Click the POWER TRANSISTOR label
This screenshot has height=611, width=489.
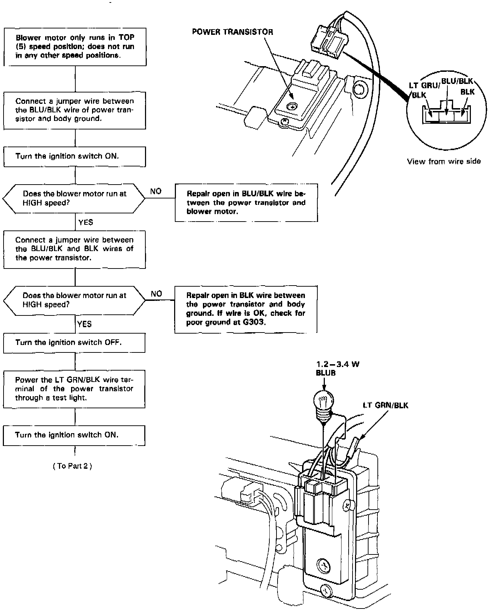click(232, 32)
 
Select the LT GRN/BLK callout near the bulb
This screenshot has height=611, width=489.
click(386, 405)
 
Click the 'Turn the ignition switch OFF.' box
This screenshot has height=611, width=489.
click(74, 343)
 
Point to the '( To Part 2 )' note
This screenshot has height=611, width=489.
click(72, 466)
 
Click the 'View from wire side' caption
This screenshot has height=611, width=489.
click(444, 161)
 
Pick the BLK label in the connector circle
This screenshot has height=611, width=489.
click(467, 92)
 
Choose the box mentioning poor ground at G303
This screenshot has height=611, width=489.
click(246, 309)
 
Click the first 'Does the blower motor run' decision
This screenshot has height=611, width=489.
click(74, 198)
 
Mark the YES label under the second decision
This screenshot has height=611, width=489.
click(85, 324)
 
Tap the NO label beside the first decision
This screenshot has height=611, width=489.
click(156, 191)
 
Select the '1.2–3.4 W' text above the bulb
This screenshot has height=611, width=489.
click(335, 364)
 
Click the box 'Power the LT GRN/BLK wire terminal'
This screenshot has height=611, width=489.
click(74, 389)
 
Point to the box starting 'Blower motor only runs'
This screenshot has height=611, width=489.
click(75, 47)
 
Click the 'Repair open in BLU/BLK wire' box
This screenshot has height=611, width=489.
click(246, 203)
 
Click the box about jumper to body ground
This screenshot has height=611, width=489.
click(75, 110)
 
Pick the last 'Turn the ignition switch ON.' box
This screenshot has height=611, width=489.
click(74, 435)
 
